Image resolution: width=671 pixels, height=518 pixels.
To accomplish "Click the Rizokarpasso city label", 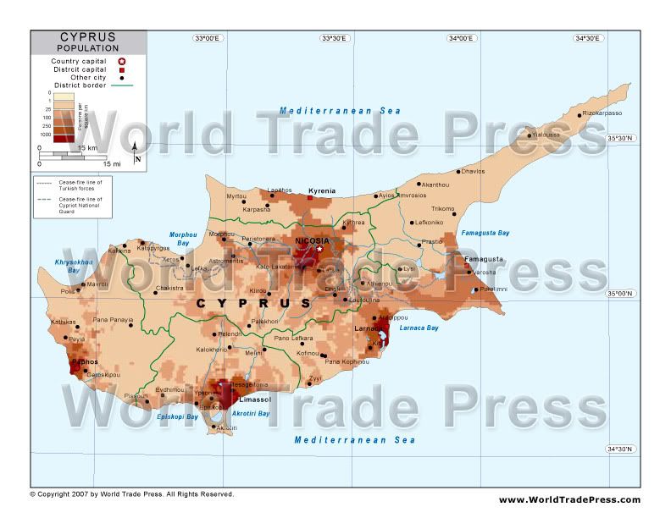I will tap(602, 113).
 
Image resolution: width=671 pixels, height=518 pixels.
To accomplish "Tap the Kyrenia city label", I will tap(321, 191).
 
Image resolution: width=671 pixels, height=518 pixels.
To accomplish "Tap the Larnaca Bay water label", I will tap(419, 328).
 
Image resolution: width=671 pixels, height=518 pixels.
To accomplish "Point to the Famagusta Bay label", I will tap(485, 233).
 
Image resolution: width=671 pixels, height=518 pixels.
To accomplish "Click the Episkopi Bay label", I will tap(179, 416).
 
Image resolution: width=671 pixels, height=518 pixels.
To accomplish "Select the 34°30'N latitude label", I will tap(623, 449).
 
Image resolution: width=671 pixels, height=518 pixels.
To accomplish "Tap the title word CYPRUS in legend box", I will tap(88, 38).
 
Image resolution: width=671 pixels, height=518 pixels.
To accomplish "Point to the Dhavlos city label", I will tap(473, 172).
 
